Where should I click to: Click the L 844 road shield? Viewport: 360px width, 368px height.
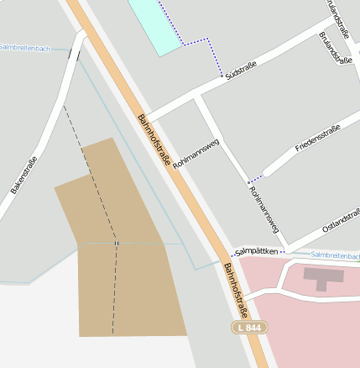tap(249, 326)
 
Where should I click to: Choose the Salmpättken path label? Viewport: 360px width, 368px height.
tap(256, 250)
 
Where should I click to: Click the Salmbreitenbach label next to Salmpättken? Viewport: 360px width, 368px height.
tap(335, 255)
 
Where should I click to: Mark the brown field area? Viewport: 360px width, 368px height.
tap(126, 252)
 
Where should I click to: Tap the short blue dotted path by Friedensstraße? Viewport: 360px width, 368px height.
tap(256, 179)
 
